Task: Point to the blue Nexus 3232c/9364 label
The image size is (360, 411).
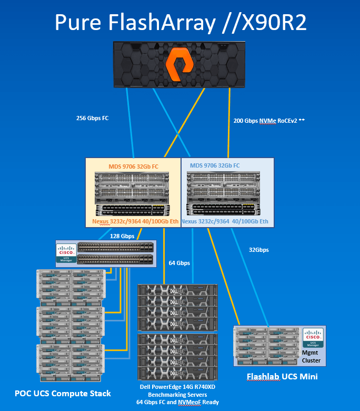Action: pos(224,221)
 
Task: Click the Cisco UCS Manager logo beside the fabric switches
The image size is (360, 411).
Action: pos(67,253)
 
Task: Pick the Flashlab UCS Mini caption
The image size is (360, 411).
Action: pos(282,377)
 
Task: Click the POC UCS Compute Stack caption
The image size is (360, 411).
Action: pos(63,393)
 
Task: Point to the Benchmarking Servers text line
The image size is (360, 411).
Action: pos(177,395)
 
